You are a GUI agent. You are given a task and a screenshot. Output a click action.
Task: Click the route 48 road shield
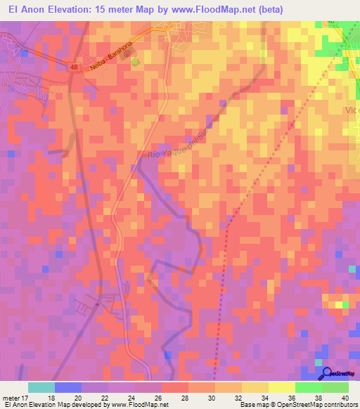click(74, 67)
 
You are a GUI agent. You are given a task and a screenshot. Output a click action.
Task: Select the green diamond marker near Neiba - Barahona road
click(135, 61)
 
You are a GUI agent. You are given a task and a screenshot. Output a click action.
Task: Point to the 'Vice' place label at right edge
click(352, 110)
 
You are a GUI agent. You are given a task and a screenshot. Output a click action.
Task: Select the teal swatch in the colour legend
click(41, 387)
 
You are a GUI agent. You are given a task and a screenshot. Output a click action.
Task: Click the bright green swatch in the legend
click(309, 387)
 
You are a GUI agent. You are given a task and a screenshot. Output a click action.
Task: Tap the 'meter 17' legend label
click(16, 397)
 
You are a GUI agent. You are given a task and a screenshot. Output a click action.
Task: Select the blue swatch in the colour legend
click(68, 387)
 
